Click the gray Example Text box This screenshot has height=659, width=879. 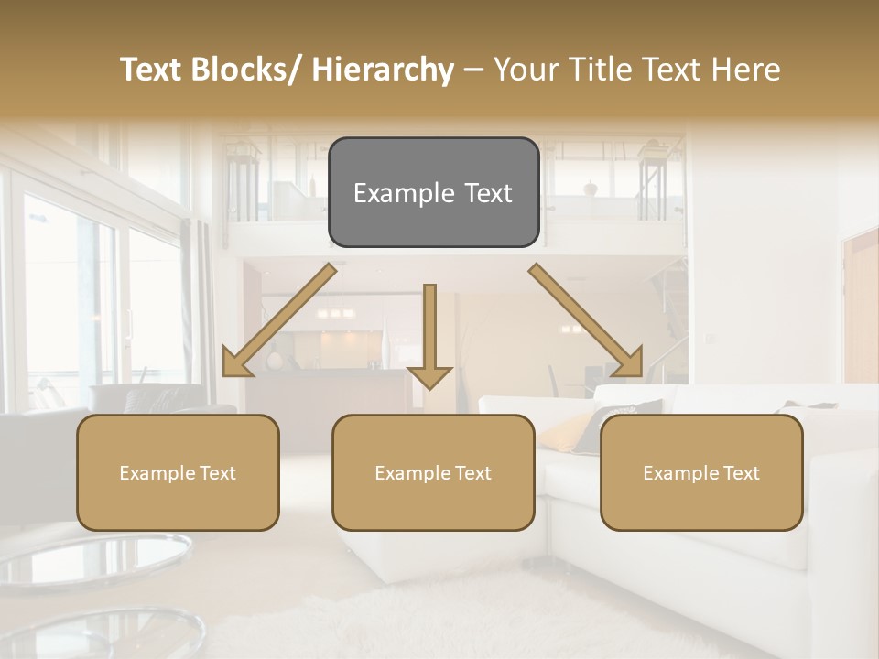coord(433,192)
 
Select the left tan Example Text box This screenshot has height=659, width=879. coord(178,473)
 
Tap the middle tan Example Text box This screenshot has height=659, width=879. coord(433,473)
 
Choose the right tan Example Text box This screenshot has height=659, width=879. coord(701,473)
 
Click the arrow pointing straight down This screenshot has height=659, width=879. coord(429,339)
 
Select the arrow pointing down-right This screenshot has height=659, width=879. coord(586,322)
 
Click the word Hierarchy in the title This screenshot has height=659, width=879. coord(383,70)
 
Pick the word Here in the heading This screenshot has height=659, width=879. coord(748,70)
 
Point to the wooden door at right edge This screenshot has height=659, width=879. coord(860,302)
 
